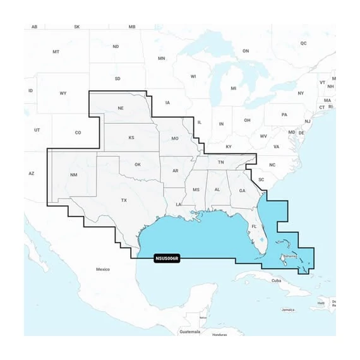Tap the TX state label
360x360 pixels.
click(x=124, y=200)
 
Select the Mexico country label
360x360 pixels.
click(x=103, y=269)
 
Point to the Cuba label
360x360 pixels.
click(x=276, y=280)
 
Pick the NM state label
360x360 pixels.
click(x=74, y=174)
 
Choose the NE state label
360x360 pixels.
click(x=121, y=109)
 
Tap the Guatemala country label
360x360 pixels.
click(x=189, y=331)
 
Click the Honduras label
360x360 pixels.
click(x=219, y=334)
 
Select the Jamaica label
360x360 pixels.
click(x=288, y=310)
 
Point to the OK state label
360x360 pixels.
click(x=138, y=165)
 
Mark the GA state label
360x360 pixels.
click(x=242, y=191)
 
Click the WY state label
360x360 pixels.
click(x=63, y=93)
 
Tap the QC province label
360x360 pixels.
click(x=303, y=43)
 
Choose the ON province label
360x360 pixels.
click(x=246, y=51)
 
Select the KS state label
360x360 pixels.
click(x=132, y=138)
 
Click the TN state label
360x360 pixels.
click(x=221, y=162)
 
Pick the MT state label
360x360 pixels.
click(x=56, y=52)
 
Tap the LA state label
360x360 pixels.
click(x=179, y=205)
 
